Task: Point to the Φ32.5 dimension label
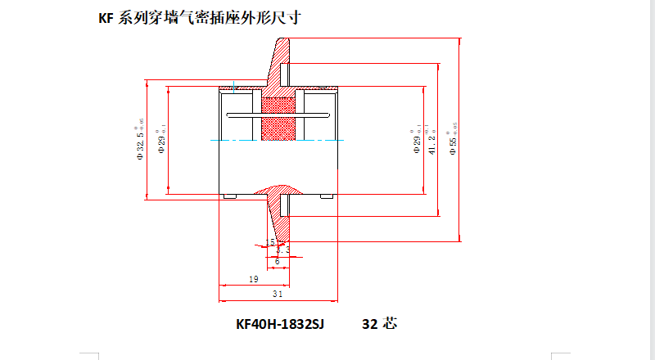(141, 136)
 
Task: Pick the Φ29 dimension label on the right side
(418, 139)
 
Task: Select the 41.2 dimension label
(431, 139)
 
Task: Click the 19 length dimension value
(253, 280)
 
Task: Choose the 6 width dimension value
(277, 261)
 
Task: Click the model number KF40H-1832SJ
(280, 324)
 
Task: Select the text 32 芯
(379, 324)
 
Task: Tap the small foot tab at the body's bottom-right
(327, 196)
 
